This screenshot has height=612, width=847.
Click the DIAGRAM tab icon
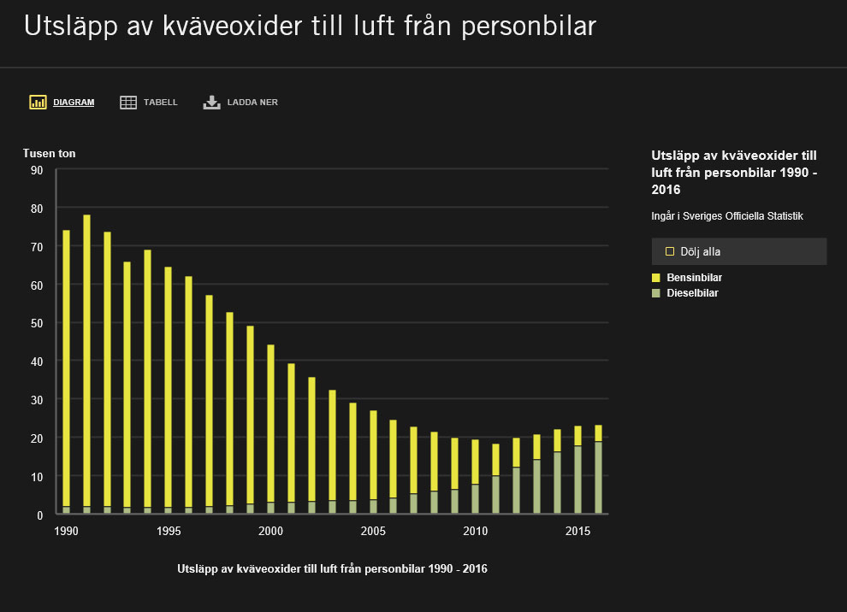38,103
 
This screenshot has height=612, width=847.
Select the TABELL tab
149,103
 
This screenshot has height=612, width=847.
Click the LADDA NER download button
240,103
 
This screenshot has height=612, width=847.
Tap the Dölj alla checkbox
670,251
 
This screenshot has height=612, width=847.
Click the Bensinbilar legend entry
694,278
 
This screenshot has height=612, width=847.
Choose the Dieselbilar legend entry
691,293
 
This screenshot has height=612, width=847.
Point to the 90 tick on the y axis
37,170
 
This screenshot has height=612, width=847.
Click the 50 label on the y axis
37,323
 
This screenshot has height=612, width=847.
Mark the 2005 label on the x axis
373,532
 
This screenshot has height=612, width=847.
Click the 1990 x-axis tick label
67,532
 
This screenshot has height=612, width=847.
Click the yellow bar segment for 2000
271,419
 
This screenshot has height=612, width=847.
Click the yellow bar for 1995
169,385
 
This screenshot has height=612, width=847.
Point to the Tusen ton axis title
49,154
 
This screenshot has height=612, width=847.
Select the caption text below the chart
332,568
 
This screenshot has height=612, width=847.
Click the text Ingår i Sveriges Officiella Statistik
726,216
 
